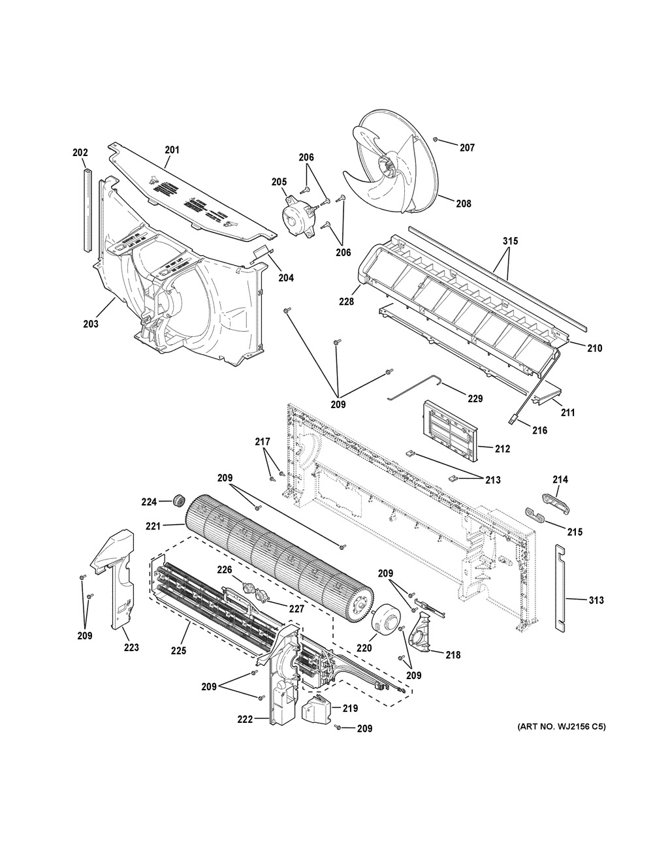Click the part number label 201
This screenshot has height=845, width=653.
tap(172, 150)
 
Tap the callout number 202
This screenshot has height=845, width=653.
tap(80, 153)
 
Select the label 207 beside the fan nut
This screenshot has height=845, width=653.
tap(466, 148)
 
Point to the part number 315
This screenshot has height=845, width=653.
tap(510, 242)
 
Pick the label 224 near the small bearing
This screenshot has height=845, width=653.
tap(150, 502)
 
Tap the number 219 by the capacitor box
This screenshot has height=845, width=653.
tap(351, 708)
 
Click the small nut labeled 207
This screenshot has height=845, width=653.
tap(436, 140)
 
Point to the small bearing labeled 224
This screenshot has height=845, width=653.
tap(176, 502)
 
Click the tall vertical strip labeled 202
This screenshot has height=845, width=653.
tap(85, 209)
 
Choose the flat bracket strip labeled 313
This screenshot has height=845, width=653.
tap(560, 588)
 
